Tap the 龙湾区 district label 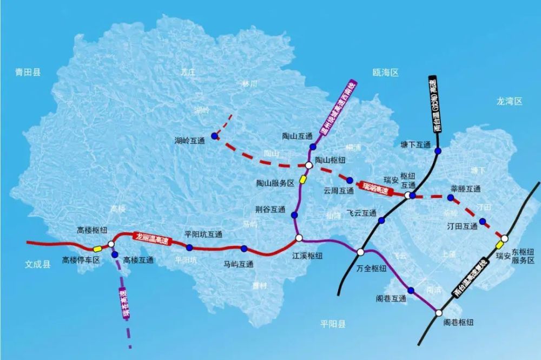(510, 101)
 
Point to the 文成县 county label (38, 264)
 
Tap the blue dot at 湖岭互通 (215, 136)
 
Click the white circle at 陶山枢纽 (308, 165)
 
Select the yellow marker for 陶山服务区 (303, 179)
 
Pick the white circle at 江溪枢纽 (299, 238)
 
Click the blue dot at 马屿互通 (245, 249)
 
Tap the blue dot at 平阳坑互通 (190, 247)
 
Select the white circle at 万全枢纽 (361, 252)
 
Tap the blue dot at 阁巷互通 (411, 291)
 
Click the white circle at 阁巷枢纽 (438, 313)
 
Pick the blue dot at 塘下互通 (437, 150)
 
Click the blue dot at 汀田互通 (482, 220)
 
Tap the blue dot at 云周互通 (349, 180)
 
